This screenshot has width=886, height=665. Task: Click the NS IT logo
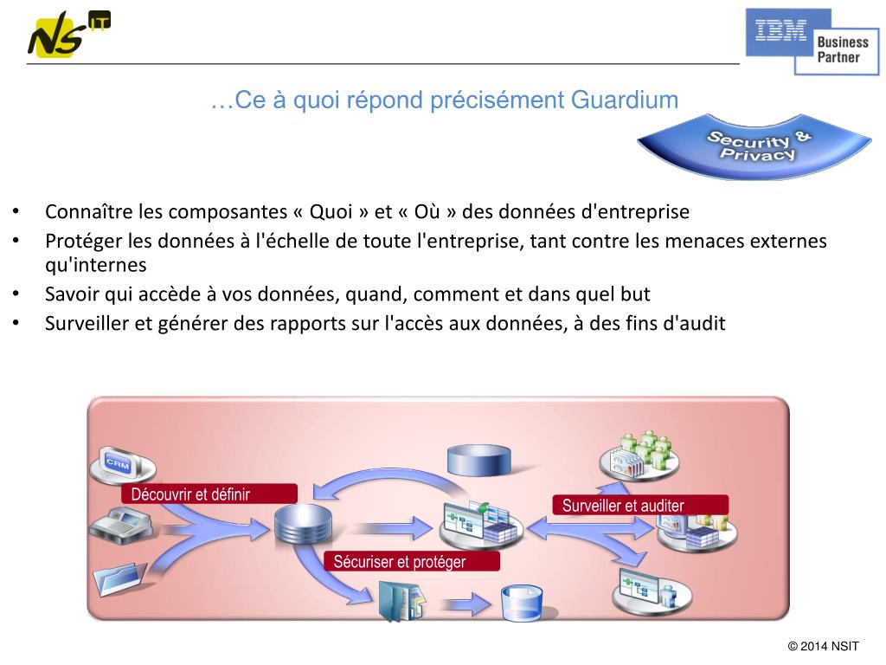coord(67,35)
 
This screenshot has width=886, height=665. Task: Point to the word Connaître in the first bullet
coord(85,212)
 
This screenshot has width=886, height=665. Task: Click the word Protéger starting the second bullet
coord(83,241)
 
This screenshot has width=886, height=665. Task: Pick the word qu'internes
coord(95,264)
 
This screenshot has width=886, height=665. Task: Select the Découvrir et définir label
coord(210,494)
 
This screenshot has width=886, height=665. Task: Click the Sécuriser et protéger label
coord(411,562)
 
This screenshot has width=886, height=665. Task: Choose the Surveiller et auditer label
coord(639,506)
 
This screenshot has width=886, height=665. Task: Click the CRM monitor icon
coord(119,464)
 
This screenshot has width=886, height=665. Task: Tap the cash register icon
coord(119,523)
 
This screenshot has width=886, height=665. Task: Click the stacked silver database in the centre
coord(298,524)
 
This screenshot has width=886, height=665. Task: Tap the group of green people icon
coord(644,453)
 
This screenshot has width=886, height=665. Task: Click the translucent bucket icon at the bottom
coord(522,602)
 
